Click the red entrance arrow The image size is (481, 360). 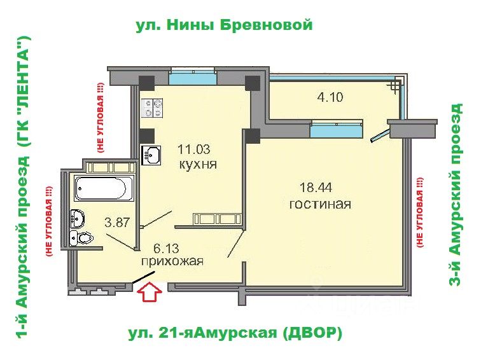click(x=150, y=293)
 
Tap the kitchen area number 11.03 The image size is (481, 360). click(x=194, y=149)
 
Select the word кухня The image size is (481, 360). click(x=198, y=165)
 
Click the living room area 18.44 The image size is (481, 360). click(x=316, y=187)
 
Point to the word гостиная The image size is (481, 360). click(x=320, y=204)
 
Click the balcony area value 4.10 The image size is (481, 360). click(x=330, y=97)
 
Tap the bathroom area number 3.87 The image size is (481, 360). click(x=117, y=222)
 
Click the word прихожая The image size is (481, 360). click(x=172, y=261)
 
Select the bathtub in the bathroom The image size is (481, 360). click(x=104, y=188)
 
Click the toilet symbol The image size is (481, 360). click(x=85, y=238)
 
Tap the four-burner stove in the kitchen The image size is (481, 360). click(x=152, y=108)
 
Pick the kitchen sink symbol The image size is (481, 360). click(x=151, y=155)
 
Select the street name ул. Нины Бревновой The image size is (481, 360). click(x=224, y=25)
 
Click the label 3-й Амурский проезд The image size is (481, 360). click(x=456, y=195)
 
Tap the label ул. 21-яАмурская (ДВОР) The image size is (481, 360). click(x=235, y=333)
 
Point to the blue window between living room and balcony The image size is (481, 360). click(x=337, y=129)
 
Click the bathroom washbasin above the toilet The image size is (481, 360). click(x=77, y=218)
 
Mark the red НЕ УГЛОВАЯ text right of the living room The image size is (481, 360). click(x=420, y=212)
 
